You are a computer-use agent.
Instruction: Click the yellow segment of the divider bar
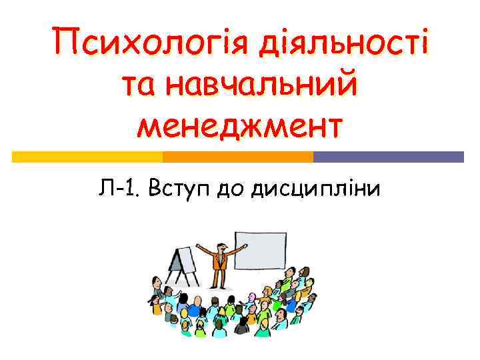point(87,157)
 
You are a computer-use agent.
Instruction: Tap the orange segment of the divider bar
point(238,157)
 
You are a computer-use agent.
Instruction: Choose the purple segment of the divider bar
point(389,157)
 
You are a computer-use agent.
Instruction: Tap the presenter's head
point(219,238)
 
